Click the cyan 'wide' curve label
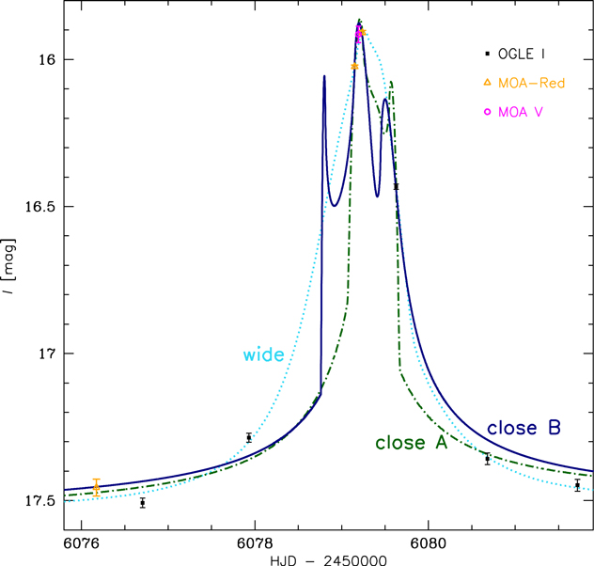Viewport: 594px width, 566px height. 264,354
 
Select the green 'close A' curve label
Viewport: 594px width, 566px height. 411,442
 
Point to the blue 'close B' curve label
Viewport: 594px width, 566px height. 524,428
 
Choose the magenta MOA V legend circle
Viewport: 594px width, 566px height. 487,111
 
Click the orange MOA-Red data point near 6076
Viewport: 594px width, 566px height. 96,486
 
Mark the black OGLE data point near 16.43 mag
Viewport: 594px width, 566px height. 396,186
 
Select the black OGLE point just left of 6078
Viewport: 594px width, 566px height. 249,437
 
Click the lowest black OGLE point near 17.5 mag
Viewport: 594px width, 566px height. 143,503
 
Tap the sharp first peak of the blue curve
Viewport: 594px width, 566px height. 324,76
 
